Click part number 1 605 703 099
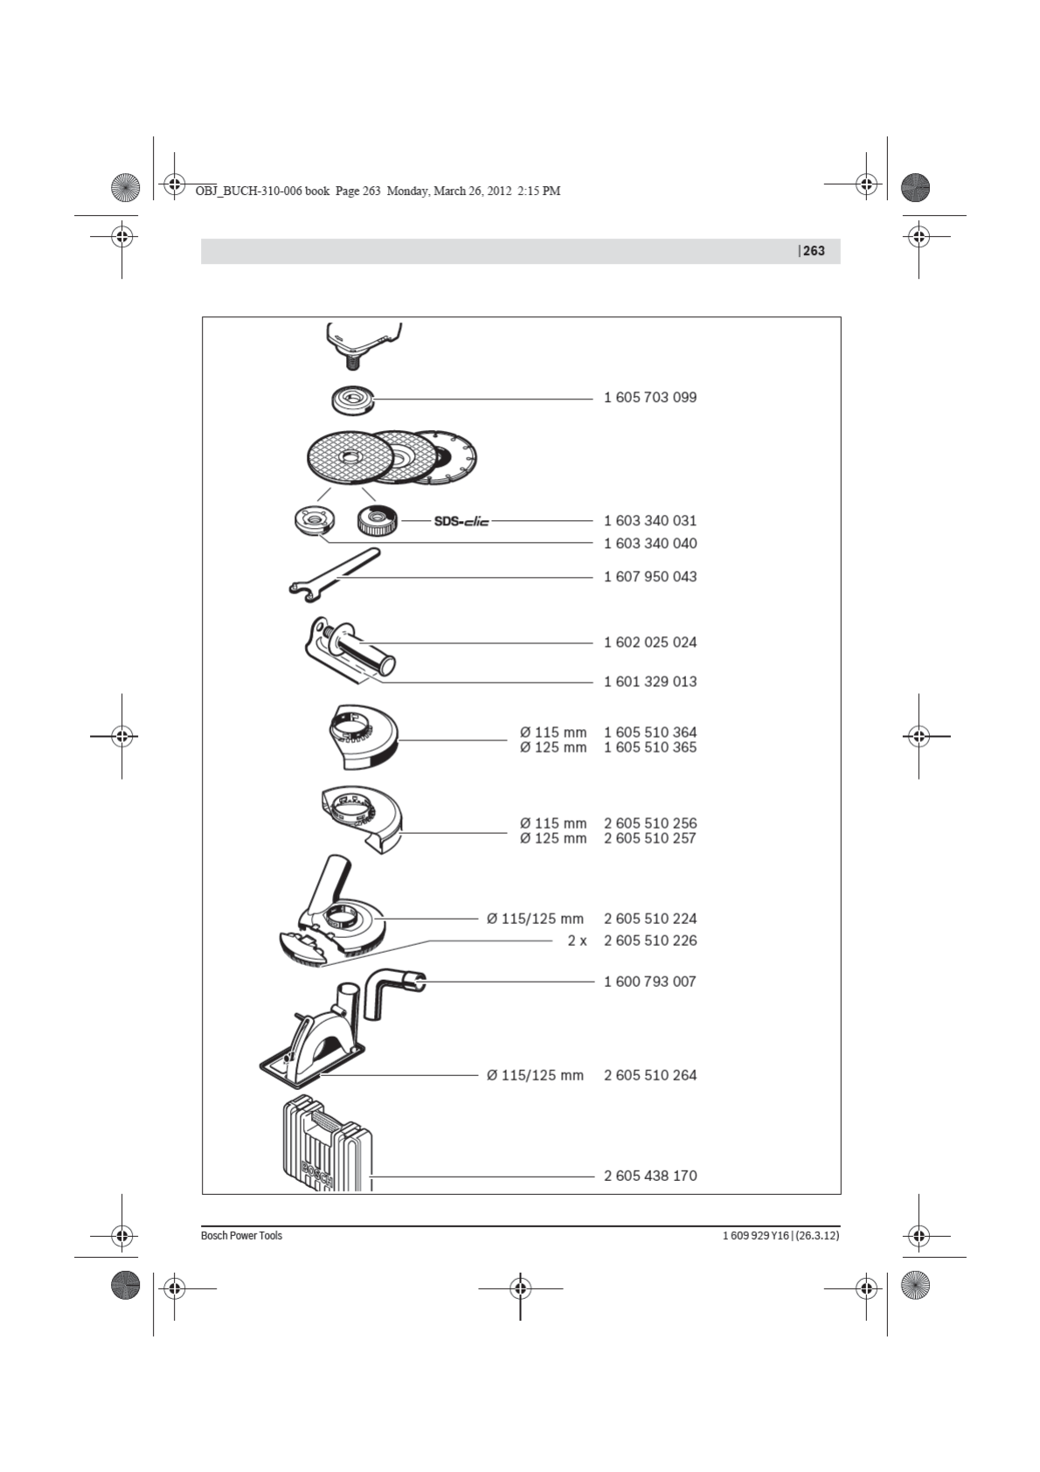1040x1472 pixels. coord(649,398)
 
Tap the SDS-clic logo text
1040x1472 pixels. coord(461,521)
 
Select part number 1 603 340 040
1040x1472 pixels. coord(649,544)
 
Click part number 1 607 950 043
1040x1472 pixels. coord(649,577)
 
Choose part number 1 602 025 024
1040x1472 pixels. coord(649,642)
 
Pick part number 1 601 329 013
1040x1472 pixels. coord(649,682)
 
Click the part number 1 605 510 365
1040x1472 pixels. coord(649,748)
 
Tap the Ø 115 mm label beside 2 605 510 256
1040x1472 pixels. coord(552,823)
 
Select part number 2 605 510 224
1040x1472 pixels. coord(649,919)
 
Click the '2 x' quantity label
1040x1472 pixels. coord(577,941)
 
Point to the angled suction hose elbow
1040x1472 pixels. coord(390,989)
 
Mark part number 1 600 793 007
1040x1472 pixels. coord(649,982)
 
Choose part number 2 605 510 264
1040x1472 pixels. coord(649,1075)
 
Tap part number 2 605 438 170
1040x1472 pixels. coord(649,1176)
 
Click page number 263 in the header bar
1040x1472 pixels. coord(814,251)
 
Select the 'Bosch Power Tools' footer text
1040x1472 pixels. coord(241,1236)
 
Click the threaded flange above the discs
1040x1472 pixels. coord(353,400)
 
